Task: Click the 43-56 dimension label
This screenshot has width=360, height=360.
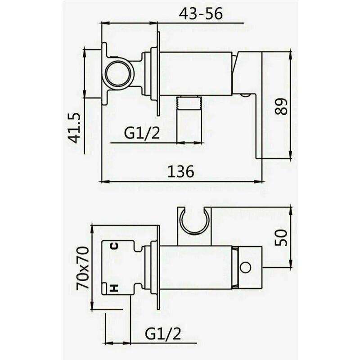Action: click(201, 14)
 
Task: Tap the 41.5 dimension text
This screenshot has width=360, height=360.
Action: click(75, 128)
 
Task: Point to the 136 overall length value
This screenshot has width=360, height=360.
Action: click(181, 171)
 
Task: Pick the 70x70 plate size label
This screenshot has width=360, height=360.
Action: click(82, 268)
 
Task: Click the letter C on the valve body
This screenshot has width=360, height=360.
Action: click(115, 246)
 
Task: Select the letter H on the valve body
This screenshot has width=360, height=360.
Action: click(114, 288)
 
